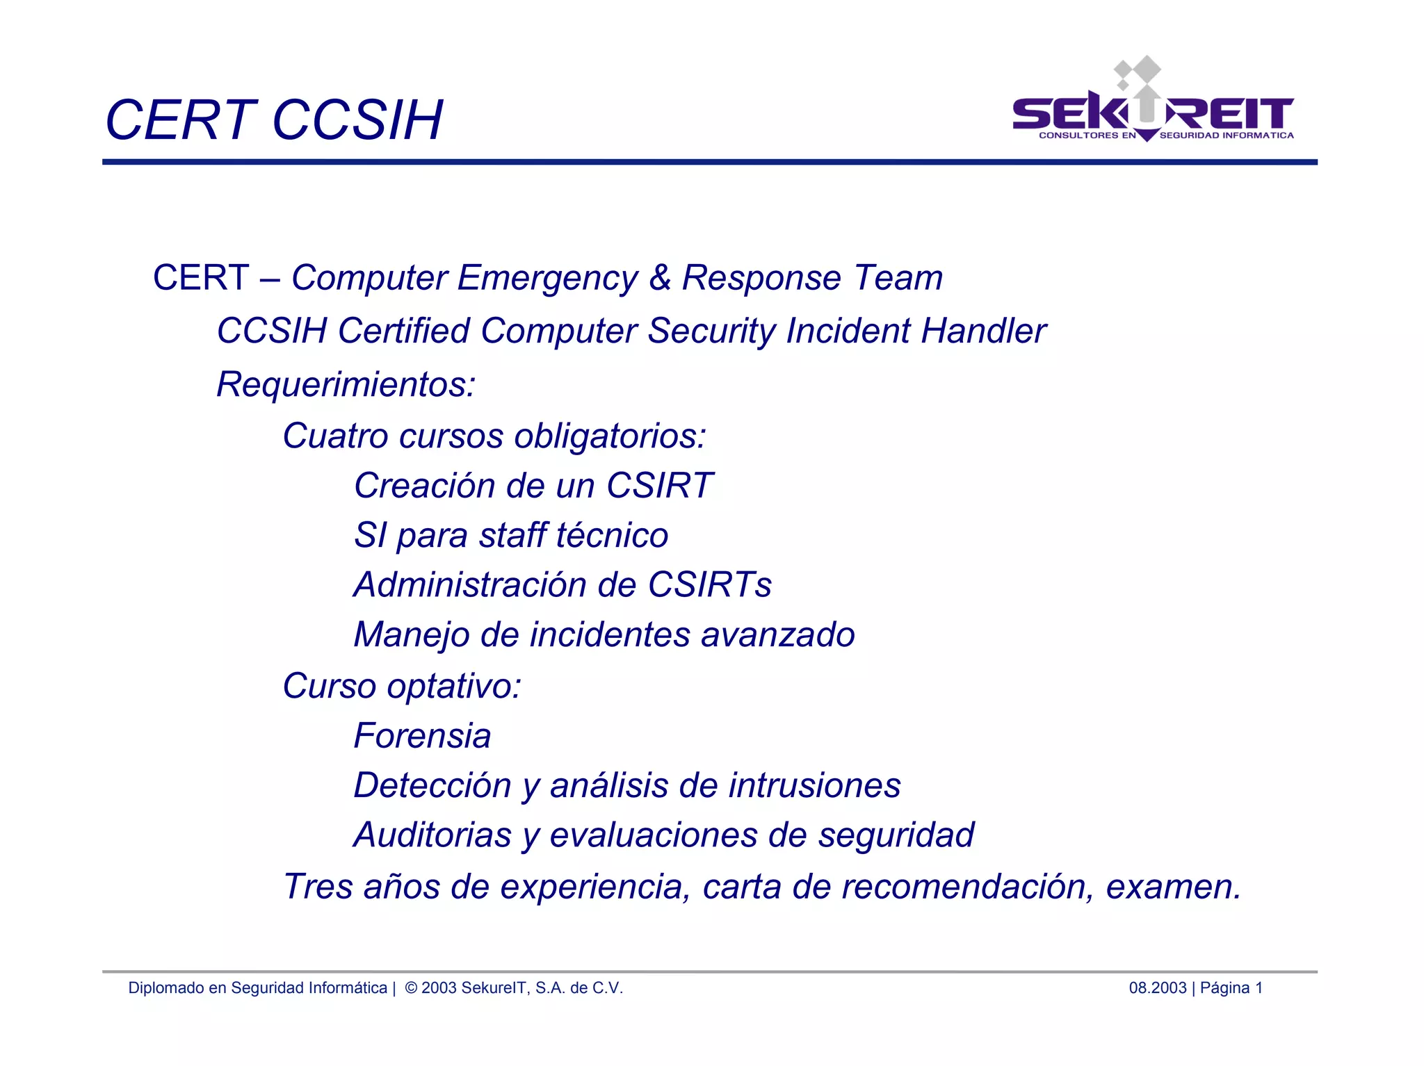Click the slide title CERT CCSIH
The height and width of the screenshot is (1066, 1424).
(273, 120)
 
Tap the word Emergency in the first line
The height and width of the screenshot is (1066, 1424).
(547, 278)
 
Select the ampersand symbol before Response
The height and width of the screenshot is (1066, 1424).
(659, 278)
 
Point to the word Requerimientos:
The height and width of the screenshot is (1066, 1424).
(346, 384)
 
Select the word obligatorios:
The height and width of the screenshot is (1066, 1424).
(610, 436)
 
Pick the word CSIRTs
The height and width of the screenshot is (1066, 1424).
(709, 585)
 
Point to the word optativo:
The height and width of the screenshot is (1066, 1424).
(454, 687)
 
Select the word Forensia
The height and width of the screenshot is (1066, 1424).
(422, 736)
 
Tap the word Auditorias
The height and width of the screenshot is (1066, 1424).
(432, 835)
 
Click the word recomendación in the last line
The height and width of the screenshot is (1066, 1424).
(967, 887)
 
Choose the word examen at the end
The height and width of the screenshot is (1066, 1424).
(1168, 887)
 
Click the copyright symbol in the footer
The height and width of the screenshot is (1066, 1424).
(411, 988)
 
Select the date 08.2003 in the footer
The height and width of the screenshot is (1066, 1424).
(1157, 988)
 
